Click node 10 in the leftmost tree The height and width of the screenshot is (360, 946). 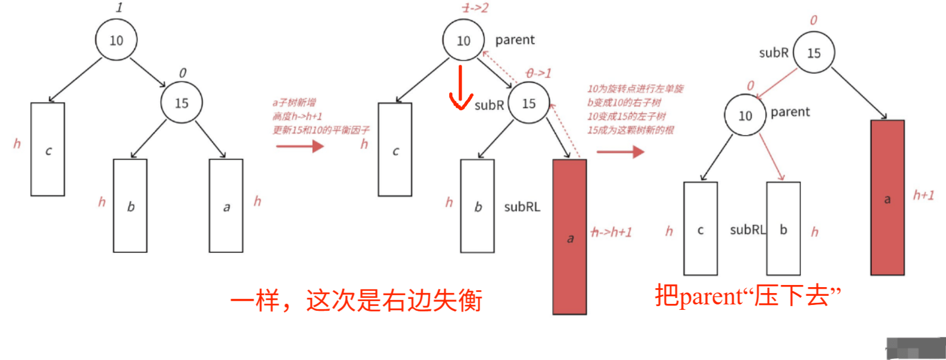coord(116,40)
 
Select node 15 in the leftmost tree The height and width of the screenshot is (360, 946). coord(181,103)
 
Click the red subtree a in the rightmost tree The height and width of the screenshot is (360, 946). coord(887,198)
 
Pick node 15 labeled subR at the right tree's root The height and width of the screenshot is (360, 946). coord(814,53)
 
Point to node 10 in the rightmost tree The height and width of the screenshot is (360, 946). coord(745,115)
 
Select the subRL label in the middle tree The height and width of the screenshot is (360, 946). coord(522,207)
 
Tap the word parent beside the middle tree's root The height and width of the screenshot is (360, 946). coord(515,40)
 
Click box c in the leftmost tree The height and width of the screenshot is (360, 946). coord(48,150)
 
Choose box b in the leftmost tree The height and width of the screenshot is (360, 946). coord(130,206)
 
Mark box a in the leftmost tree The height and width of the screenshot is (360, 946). coord(226,206)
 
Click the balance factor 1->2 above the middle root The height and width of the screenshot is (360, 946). coord(476,8)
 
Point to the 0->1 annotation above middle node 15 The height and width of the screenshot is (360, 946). coord(538,73)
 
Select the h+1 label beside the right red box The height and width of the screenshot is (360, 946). coord(923,195)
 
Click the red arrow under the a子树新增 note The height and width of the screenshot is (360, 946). coord(300,146)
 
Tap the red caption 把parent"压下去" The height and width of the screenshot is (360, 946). coord(748,296)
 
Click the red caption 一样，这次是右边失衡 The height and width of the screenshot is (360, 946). coord(356,300)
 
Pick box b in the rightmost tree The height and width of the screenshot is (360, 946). coord(783,229)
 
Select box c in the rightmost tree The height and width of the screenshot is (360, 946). coord(700,229)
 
